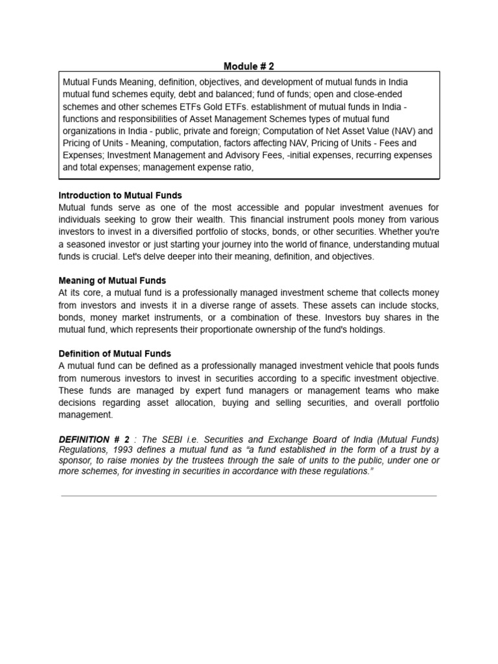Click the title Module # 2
click(249, 65)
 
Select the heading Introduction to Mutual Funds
click(120, 195)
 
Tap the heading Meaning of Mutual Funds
click(112, 281)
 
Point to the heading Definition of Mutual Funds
click(115, 353)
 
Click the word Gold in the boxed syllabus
click(217, 107)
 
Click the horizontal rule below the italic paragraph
click(249, 496)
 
